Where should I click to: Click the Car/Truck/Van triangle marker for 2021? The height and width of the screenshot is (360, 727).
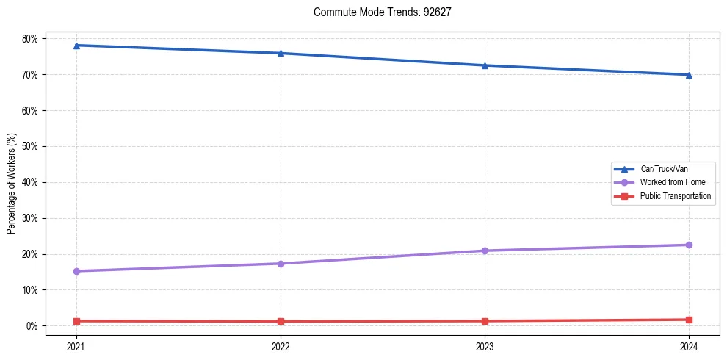coord(76,46)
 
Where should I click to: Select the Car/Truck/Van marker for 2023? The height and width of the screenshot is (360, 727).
coord(485,65)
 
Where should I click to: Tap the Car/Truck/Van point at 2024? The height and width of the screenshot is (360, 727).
coord(689,75)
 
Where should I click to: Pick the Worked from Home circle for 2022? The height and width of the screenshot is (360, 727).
coord(281,264)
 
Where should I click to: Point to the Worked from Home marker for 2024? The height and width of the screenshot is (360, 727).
coord(689,245)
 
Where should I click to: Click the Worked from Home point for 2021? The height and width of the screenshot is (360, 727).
coord(76,271)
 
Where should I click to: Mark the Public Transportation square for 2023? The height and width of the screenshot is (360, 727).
coord(485,321)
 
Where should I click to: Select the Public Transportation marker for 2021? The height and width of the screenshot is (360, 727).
coord(76,321)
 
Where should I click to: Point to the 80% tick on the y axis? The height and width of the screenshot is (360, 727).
coord(35,38)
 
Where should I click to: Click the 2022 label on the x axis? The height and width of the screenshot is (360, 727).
coord(281,347)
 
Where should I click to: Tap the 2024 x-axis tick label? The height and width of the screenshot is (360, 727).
coord(689,347)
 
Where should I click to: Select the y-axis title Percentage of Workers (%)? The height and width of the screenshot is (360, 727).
coord(11,183)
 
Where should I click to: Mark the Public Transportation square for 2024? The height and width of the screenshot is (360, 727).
coord(689,320)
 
